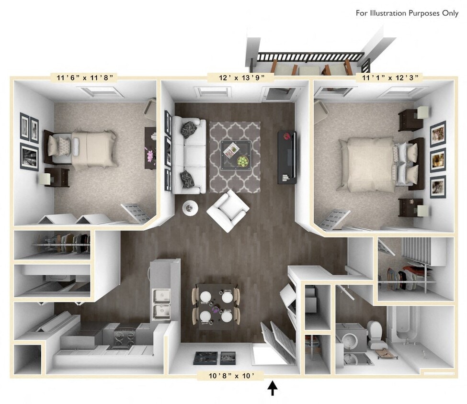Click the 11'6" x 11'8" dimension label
click(84, 77)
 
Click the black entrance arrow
click(273, 388)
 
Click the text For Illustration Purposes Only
click(407, 13)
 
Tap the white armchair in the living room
click(228, 210)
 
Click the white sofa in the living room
click(189, 155)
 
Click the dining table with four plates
click(216, 305)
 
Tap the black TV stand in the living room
click(287, 157)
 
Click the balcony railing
click(309, 57)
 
